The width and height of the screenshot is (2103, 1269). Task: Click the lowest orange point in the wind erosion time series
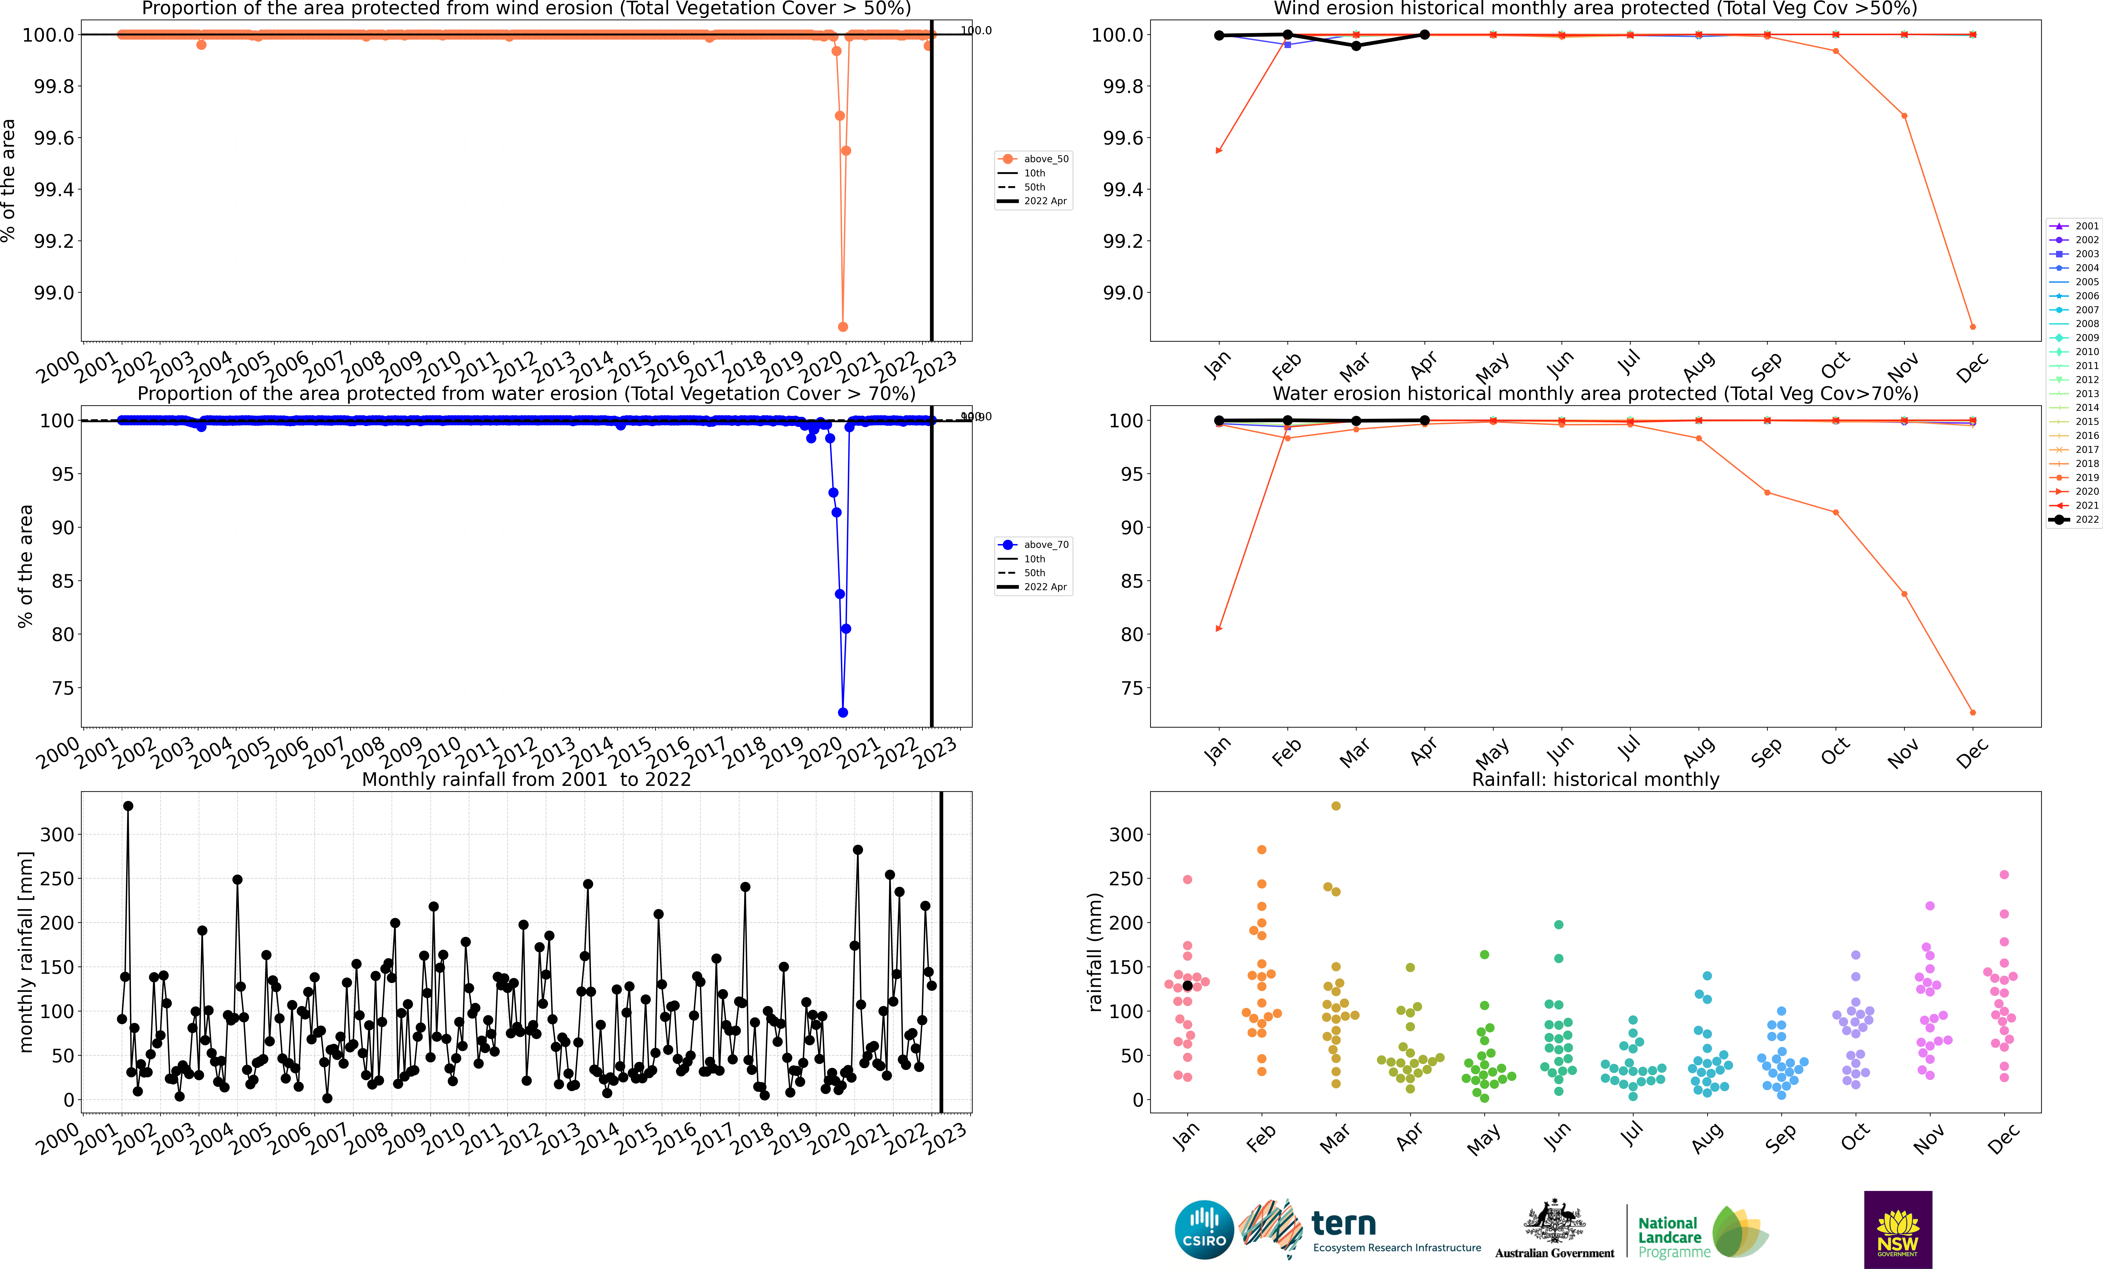click(x=842, y=327)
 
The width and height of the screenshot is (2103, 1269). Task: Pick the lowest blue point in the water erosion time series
click(x=842, y=713)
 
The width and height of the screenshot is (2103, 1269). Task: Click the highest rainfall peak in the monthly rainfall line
click(x=128, y=806)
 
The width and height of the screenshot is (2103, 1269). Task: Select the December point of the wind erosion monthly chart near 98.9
click(x=1972, y=327)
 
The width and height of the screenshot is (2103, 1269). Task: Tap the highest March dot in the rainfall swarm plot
click(x=1336, y=806)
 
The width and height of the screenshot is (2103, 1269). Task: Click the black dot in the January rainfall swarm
click(x=1187, y=986)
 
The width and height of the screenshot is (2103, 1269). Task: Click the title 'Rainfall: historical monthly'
click(x=1595, y=779)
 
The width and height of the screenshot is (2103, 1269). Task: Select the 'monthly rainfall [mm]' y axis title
click(x=26, y=952)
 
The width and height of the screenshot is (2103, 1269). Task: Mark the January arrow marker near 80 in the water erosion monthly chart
click(x=1219, y=629)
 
